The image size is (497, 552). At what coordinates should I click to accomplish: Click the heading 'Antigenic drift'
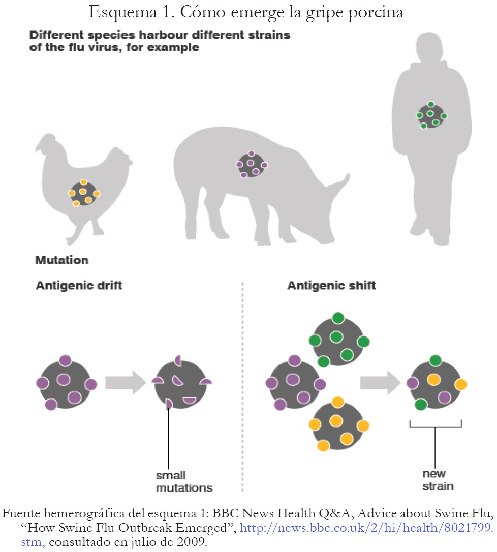tap(79, 285)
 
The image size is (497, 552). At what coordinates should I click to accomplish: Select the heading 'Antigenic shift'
tap(331, 285)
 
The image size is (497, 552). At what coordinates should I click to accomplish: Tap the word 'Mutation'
tap(61, 260)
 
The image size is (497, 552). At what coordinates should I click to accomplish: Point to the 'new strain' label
tap(438, 480)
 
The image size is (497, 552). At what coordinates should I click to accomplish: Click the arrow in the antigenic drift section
tap(125, 382)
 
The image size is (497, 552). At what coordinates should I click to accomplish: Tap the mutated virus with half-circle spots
tap(181, 382)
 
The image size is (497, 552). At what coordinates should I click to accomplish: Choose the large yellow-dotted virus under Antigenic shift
tap(337, 424)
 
